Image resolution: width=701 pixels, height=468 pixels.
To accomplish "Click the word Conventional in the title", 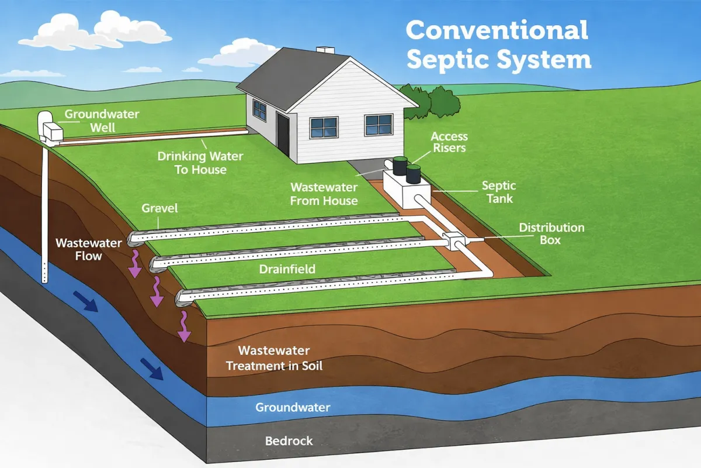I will point(497,30).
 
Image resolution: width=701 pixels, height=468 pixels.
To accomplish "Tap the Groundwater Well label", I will point(102,120).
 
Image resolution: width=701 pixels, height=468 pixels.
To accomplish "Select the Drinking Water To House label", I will point(200,163).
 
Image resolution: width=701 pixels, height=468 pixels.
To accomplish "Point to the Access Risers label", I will point(449,142).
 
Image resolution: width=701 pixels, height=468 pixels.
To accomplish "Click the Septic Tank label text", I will point(498,192).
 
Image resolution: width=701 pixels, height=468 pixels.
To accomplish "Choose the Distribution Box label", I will point(551,233).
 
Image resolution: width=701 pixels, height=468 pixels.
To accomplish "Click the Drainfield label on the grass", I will point(287,269).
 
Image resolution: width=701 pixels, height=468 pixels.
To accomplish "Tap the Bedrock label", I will point(289,441).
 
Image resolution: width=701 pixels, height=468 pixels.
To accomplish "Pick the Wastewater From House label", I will point(324,194).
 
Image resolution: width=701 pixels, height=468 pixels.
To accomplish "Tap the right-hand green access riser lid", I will point(413,168).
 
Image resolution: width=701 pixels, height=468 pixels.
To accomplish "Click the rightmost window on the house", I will point(379,124).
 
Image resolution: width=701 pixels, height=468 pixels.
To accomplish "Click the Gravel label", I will point(159,208).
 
